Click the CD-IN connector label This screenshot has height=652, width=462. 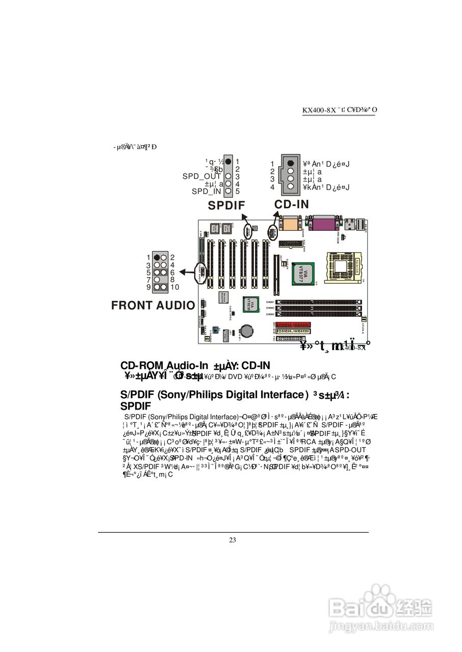click(x=292, y=204)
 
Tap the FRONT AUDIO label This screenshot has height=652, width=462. click(x=153, y=305)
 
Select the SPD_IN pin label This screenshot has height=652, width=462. click(x=207, y=192)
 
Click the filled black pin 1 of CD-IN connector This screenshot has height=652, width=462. click(x=290, y=163)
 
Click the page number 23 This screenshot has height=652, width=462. click(x=233, y=540)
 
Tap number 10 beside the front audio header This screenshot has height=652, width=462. click(x=174, y=287)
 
